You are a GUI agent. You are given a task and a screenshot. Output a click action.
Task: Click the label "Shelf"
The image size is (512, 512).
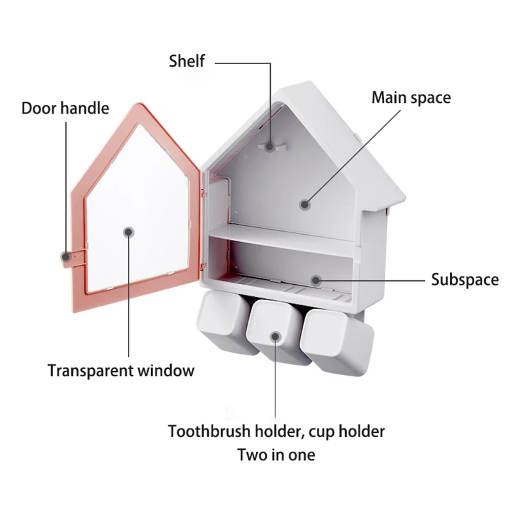tap(187, 61)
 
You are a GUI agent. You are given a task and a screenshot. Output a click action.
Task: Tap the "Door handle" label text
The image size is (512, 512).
tap(65, 107)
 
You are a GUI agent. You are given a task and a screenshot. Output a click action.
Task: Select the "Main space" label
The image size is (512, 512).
tap(412, 98)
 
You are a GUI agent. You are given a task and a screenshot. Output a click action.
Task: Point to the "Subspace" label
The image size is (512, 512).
tap(465, 280)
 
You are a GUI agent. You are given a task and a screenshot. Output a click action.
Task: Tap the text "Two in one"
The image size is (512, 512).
tap(276, 455)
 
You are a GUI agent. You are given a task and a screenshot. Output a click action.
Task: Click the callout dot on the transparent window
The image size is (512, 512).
tap(129, 232)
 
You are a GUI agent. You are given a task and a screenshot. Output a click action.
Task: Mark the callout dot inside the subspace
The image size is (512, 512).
tap(315, 280)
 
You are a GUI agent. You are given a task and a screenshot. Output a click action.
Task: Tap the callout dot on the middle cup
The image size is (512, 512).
tap(275, 336)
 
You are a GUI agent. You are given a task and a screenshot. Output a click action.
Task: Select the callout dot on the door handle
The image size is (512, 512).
tap(65, 256)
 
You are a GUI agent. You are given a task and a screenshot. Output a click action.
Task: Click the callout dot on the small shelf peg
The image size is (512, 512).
tap(271, 146)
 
